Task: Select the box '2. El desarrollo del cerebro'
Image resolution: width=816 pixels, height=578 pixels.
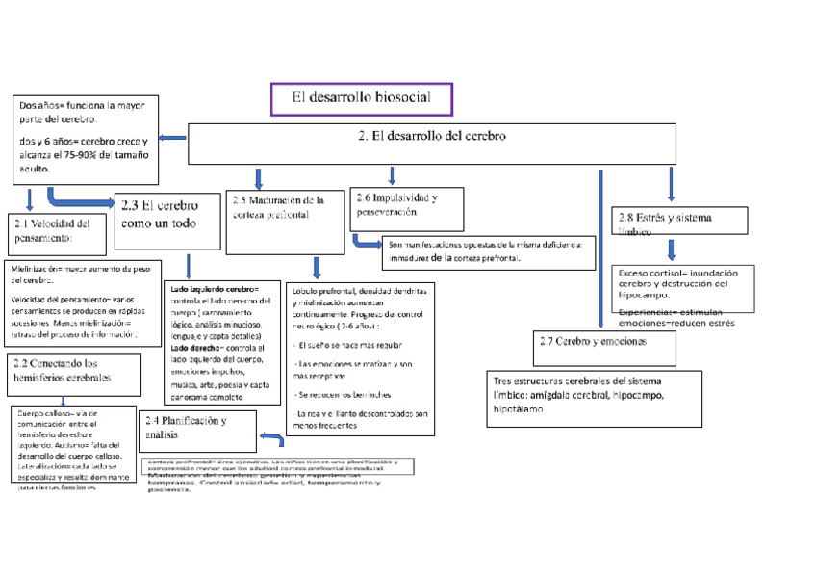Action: coord(430,144)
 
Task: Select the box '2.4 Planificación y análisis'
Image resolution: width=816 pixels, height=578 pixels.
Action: coord(198,430)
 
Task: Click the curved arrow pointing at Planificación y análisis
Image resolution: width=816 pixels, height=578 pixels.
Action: coord(271,439)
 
